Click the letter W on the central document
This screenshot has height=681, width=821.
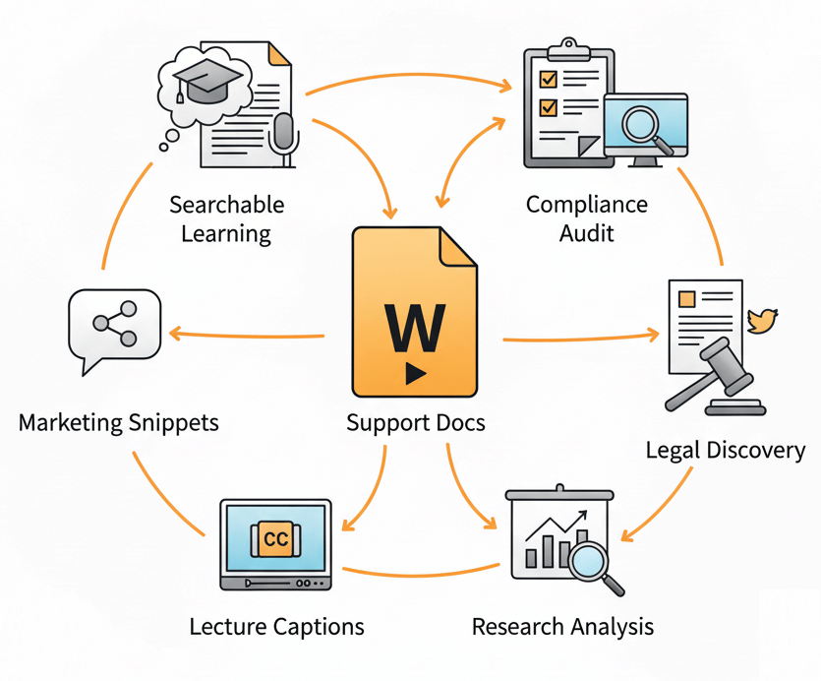tap(413, 327)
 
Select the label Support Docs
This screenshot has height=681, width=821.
tap(415, 424)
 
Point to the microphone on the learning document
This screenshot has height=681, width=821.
tap(284, 134)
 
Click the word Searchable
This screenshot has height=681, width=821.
tap(226, 205)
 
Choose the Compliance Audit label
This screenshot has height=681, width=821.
tap(587, 217)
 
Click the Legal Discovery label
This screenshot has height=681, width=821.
tap(725, 450)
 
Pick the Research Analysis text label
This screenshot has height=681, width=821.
tap(562, 627)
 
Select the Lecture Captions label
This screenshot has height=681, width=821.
tap(276, 627)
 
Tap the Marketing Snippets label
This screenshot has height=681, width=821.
tap(118, 423)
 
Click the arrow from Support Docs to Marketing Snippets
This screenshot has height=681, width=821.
tap(246, 336)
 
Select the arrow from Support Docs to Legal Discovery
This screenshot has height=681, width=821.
tap(580, 340)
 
